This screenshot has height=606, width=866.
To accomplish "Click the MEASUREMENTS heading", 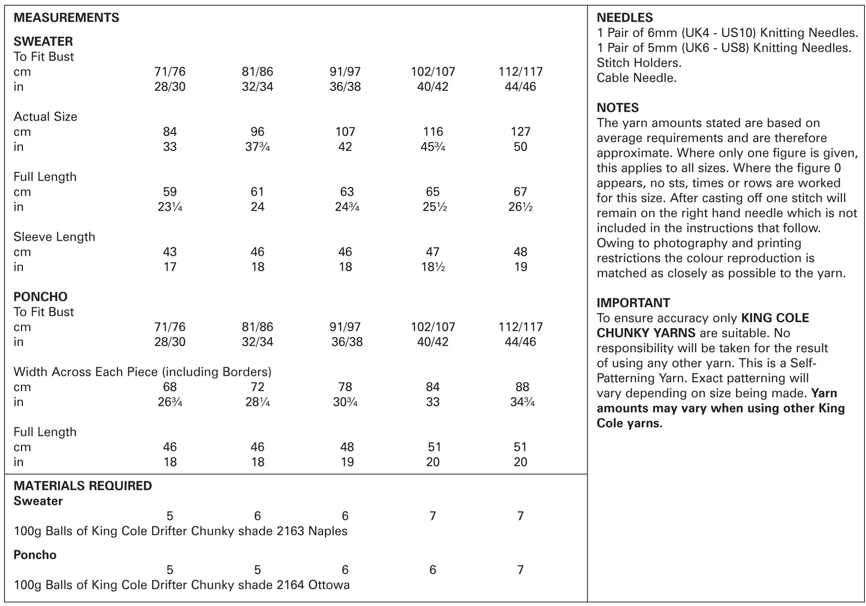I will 66,18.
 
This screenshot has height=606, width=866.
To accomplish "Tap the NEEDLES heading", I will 624,18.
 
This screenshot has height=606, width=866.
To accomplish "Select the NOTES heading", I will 617,108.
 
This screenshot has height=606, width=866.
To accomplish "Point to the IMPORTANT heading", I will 633,303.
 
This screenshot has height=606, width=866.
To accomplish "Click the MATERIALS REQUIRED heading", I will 83,486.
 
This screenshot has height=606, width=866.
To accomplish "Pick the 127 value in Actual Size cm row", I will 520,132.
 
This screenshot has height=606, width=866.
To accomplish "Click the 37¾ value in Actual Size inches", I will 258,147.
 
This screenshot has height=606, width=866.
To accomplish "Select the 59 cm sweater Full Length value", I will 170,192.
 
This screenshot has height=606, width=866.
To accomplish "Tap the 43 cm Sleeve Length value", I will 170,252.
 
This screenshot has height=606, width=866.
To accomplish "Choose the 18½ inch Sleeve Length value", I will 433,267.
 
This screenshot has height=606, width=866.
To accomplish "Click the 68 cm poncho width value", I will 170,387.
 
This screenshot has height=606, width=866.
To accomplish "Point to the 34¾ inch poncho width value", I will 520,402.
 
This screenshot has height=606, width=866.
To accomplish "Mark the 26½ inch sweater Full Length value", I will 520,207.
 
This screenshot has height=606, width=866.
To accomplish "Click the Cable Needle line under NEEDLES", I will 636,78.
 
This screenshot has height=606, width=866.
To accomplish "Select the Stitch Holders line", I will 639,63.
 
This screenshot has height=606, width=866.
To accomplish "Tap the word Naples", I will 327,531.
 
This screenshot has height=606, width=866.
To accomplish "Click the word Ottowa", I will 328,585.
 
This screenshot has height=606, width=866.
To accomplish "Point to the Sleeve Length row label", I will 54,237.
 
